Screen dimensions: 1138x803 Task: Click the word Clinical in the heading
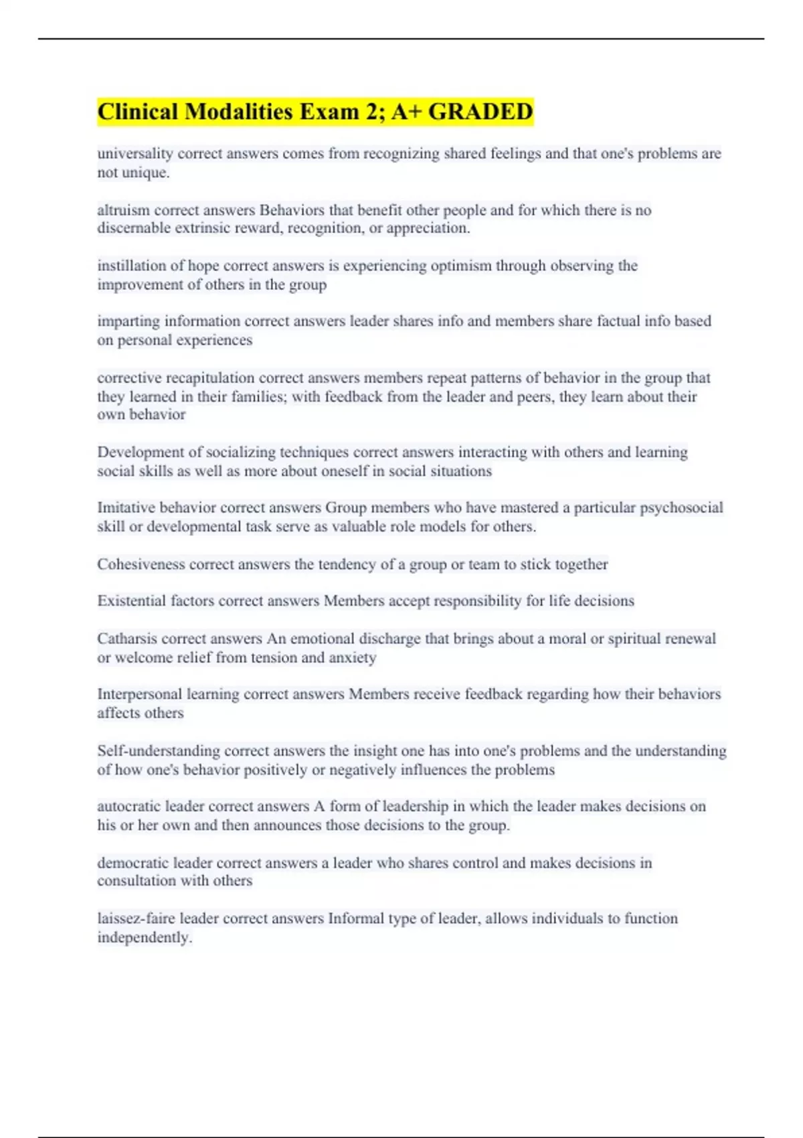coord(137,112)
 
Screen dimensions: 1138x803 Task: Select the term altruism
coord(122,210)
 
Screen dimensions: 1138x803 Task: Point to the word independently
coord(143,938)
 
